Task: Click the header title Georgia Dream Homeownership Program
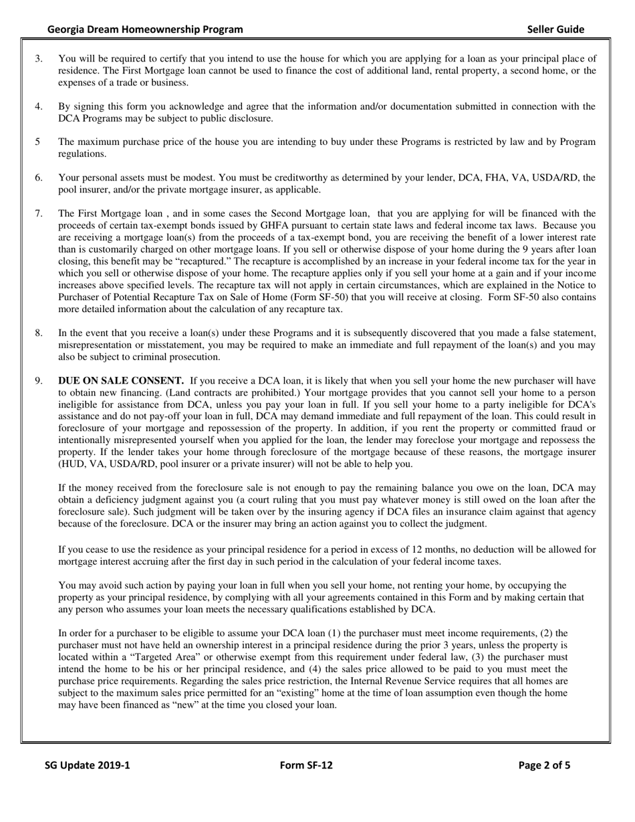[x=145, y=29]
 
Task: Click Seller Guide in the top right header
[x=555, y=29]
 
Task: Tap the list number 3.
[x=39, y=59]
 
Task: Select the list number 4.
[x=39, y=106]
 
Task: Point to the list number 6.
[x=39, y=178]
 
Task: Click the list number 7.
[x=39, y=214]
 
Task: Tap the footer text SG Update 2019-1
[x=87, y=766]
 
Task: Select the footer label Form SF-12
[x=306, y=766]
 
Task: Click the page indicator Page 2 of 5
[x=544, y=766]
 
